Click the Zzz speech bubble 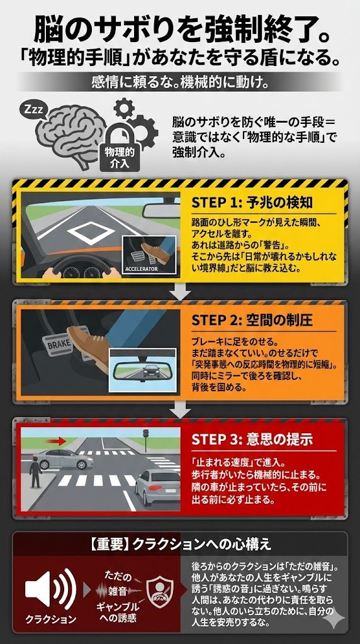click(x=33, y=110)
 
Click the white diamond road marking click(x=91, y=233)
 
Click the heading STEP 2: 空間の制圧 click(x=252, y=320)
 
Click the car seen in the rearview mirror click(x=151, y=370)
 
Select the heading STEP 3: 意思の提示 click(x=252, y=440)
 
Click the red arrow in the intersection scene click(x=56, y=441)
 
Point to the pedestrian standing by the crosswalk click(x=36, y=473)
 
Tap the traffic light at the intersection click(x=145, y=438)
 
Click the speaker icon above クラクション click(x=50, y=589)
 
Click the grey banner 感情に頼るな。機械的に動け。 click(x=180, y=81)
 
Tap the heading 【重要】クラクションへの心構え click(x=179, y=544)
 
